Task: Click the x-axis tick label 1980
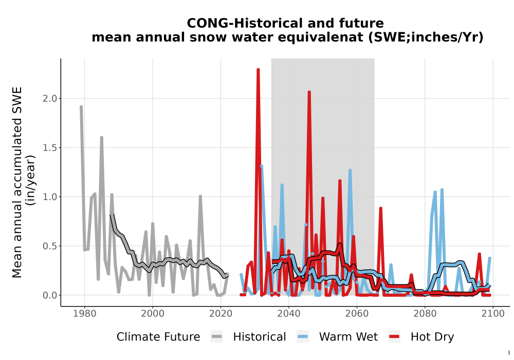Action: coord(85,314)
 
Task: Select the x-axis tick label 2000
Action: coord(153,314)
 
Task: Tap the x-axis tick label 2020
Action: coord(221,314)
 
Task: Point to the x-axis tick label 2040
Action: coord(288,314)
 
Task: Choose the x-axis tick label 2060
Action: coord(357,314)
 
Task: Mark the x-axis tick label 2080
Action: coord(425,314)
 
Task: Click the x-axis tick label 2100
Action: coord(493,314)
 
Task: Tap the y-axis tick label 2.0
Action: coord(49,98)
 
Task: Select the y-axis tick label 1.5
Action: coord(49,148)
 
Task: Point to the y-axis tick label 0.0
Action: coord(49,295)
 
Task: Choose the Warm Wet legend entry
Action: coord(337,337)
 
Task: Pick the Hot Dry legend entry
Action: coord(421,337)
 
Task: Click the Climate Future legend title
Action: coord(158,337)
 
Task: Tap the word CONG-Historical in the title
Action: coord(241,23)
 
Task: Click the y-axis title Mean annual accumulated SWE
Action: coord(17,182)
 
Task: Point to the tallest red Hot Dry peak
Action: coord(259,69)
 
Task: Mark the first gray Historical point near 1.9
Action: coord(81,107)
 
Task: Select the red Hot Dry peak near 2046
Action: coord(309,92)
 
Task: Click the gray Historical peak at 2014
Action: coord(200,196)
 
